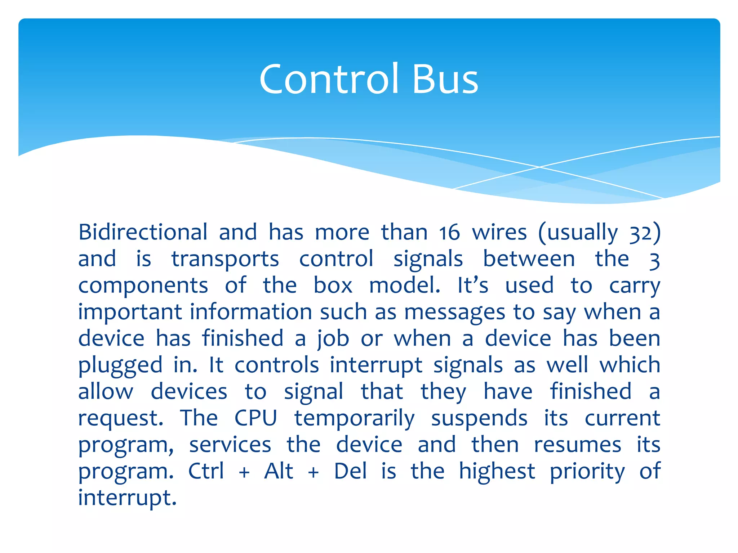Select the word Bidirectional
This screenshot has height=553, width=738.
tap(143, 232)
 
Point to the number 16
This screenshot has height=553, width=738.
tap(449, 233)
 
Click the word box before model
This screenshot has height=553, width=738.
tap(333, 286)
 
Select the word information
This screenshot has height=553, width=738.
tap(251, 311)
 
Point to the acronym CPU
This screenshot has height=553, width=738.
tap(255, 418)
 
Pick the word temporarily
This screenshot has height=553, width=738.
tap(355, 419)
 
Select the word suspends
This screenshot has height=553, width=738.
tap(479, 419)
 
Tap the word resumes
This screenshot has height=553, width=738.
tap(577, 445)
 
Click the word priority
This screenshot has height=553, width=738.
tap(587, 472)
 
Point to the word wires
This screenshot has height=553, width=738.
tap(499, 233)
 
